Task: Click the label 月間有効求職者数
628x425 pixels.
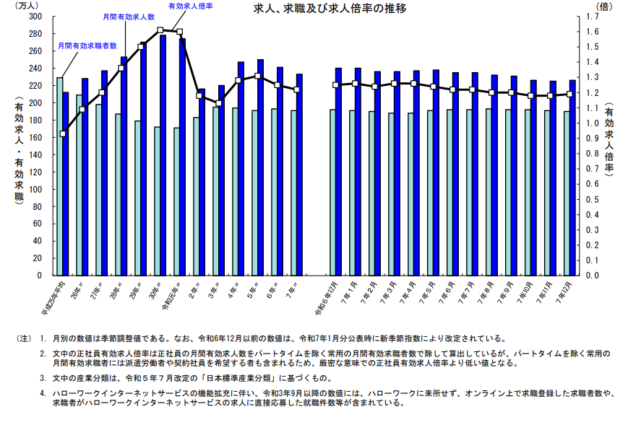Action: click(x=87, y=45)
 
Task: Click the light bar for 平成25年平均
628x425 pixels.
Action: click(x=60, y=176)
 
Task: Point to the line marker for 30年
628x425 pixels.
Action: click(x=160, y=30)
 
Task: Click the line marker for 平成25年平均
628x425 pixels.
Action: click(x=63, y=133)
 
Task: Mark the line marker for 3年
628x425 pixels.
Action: click(x=218, y=103)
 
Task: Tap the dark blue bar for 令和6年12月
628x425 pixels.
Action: click(x=338, y=171)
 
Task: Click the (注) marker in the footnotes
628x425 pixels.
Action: click(x=24, y=338)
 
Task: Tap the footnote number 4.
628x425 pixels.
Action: click(x=43, y=393)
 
